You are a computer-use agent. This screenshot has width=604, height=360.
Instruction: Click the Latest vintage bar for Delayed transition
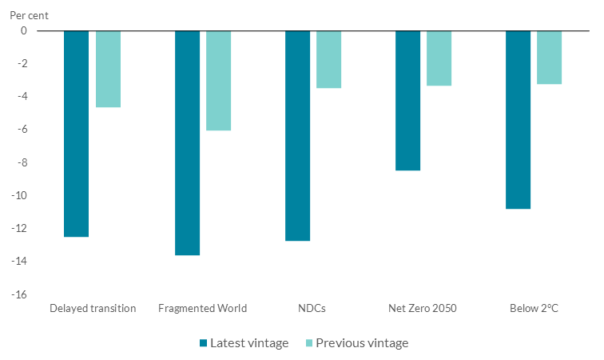point(76,134)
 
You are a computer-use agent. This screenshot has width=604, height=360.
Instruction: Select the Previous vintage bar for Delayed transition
point(108,69)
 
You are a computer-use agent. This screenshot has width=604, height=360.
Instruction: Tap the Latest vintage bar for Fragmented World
point(187,142)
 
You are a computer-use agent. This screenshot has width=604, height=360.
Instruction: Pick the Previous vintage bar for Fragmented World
point(218,80)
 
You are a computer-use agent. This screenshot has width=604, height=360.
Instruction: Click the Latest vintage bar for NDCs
point(297,135)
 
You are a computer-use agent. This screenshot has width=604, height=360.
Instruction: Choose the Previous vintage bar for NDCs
point(328,59)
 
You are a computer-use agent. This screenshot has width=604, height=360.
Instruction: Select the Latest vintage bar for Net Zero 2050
point(407,100)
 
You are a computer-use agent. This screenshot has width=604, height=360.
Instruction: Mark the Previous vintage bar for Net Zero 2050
point(439,58)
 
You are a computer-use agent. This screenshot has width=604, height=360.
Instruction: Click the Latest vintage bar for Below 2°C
point(518,119)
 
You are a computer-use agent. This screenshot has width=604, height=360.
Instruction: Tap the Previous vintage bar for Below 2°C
point(549,57)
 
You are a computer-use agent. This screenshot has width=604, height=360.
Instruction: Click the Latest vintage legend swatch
point(204,343)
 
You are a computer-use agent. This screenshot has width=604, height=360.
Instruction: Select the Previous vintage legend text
point(362,343)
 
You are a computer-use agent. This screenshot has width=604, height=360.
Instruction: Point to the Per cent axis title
point(29,15)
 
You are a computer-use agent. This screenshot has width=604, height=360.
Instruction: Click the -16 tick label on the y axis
point(18,294)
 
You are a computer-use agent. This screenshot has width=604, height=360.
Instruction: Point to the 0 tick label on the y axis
point(23,30)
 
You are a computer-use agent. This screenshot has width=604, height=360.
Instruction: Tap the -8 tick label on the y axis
point(21,162)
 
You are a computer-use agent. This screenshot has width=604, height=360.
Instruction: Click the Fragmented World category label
point(203,308)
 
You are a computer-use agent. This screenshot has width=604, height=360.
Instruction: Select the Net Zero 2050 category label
point(423,308)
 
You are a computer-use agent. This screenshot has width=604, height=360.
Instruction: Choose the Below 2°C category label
point(533,308)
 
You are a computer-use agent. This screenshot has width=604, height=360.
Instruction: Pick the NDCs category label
point(312,308)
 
